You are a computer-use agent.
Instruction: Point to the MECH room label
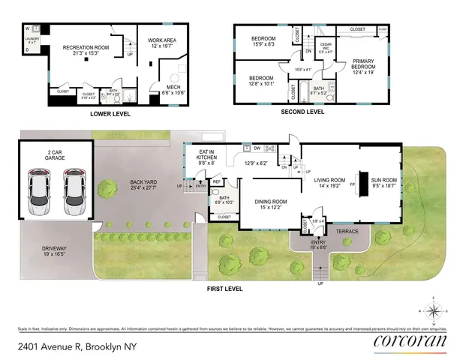click(x=173, y=88)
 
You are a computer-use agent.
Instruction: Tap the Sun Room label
click(x=384, y=177)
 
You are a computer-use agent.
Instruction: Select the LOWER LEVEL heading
click(x=110, y=114)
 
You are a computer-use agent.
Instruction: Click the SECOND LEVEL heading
click(x=302, y=112)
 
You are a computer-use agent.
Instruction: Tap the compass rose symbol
click(x=434, y=310)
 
